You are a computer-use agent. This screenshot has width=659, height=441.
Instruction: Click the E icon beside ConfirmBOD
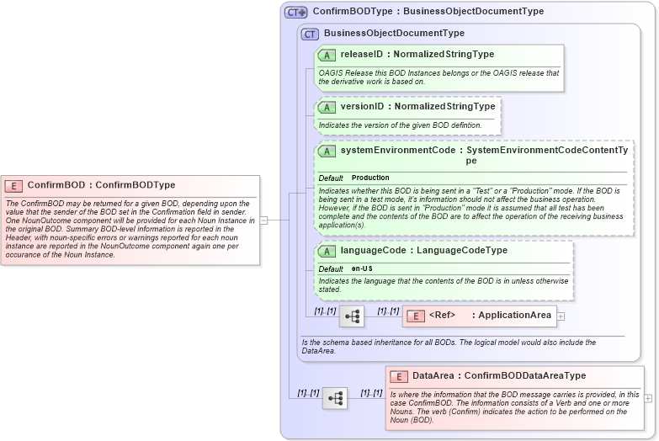(13, 185)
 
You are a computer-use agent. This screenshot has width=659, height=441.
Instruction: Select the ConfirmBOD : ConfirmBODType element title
(101, 185)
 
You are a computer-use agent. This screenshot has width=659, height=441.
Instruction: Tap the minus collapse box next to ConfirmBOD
(263, 220)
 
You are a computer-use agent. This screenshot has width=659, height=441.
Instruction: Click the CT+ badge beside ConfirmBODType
(295, 12)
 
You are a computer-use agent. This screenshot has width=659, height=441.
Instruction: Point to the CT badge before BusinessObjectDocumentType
(310, 34)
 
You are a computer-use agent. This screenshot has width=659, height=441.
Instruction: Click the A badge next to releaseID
(327, 55)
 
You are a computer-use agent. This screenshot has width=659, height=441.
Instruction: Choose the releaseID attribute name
(361, 55)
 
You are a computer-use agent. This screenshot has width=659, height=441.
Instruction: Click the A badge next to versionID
(327, 107)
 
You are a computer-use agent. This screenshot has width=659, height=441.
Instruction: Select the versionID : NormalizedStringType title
(417, 107)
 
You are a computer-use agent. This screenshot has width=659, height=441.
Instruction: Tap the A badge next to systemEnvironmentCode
(327, 151)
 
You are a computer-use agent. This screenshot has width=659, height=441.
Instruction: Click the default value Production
(370, 178)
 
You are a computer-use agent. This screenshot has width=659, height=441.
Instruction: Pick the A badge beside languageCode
(327, 251)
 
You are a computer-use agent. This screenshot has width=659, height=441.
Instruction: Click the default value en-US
(363, 268)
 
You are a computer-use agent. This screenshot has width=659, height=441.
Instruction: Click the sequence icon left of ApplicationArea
(352, 316)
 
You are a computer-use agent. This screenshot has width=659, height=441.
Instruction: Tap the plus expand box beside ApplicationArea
(561, 316)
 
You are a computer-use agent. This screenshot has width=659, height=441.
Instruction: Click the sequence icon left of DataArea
(334, 398)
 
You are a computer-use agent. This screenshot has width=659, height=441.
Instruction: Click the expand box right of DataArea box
(647, 397)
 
